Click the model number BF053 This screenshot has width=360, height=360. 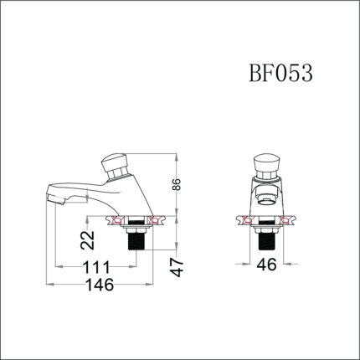click(280, 75)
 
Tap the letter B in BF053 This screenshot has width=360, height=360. click(255, 75)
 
